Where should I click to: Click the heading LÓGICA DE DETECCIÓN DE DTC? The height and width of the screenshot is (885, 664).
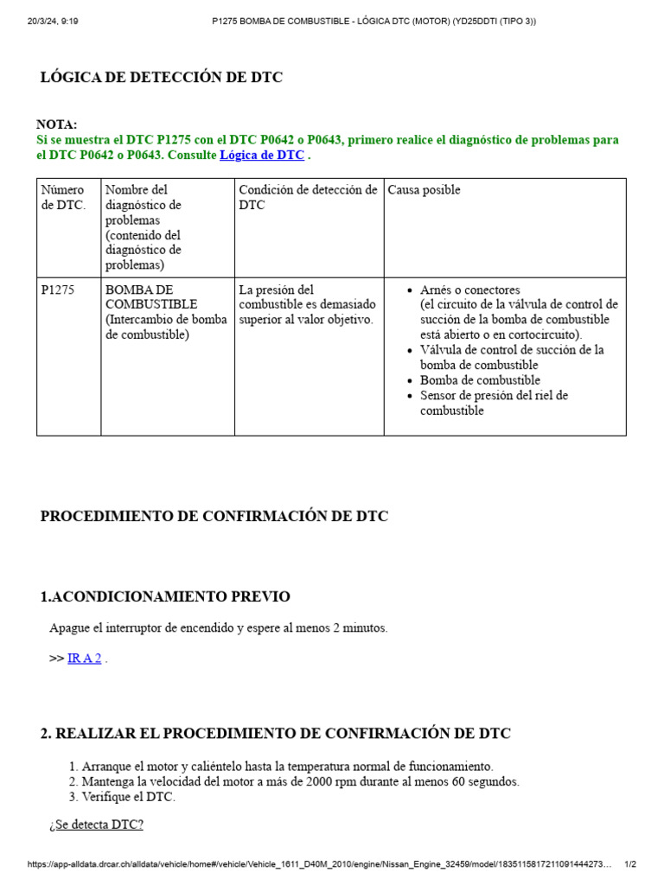[162, 78]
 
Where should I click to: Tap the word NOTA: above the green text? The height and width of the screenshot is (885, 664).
[57, 124]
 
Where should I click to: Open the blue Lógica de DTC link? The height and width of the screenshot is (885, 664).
[262, 156]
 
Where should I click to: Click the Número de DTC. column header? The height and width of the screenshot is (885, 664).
[63, 197]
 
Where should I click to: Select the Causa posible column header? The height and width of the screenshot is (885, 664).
[424, 190]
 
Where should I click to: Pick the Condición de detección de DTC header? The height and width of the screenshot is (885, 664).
[308, 197]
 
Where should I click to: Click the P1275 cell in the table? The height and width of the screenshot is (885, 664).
[58, 290]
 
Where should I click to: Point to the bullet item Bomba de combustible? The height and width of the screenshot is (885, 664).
[480, 380]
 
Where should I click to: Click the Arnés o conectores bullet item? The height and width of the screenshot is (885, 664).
[470, 290]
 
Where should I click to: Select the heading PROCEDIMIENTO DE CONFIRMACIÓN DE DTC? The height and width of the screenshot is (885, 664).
[214, 517]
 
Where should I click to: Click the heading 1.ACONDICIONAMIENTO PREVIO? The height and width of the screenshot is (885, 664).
[165, 597]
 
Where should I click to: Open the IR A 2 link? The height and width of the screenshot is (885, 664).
[85, 659]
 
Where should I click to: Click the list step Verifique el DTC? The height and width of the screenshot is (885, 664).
[128, 797]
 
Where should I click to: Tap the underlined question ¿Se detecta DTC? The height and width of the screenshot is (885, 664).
[97, 825]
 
